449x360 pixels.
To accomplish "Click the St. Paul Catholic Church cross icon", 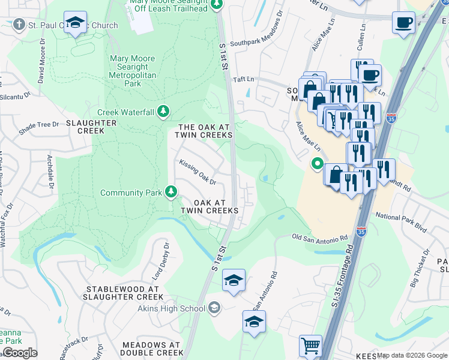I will (19, 25).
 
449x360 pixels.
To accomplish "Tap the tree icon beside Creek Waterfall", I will (163, 112).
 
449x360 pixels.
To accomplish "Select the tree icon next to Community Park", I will (172, 192).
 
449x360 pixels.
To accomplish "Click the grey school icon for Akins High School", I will (214, 308).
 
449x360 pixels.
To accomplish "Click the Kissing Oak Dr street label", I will (196, 172).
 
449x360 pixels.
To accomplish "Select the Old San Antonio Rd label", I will (320, 238).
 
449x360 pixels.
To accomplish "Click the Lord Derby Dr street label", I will (160, 261).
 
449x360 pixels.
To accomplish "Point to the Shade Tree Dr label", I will (39, 124).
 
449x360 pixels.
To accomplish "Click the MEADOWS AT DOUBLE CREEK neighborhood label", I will (151, 349).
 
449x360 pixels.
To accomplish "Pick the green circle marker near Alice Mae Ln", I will (316, 163).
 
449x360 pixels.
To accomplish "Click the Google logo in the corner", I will (20, 353).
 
